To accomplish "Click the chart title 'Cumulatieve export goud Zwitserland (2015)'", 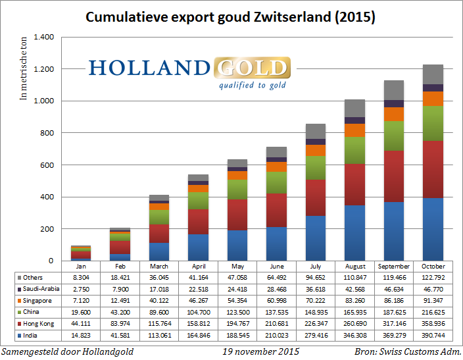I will point(231,17).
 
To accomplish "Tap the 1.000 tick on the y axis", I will point(44,101).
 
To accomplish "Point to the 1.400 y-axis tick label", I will point(44,38).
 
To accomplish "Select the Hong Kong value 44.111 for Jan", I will point(81,324).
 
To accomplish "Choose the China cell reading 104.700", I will point(198,312).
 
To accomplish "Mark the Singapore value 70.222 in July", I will point(316,300).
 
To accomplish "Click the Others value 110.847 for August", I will point(355,277).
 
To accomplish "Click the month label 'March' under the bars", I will point(159,266).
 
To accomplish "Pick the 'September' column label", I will point(394,266).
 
